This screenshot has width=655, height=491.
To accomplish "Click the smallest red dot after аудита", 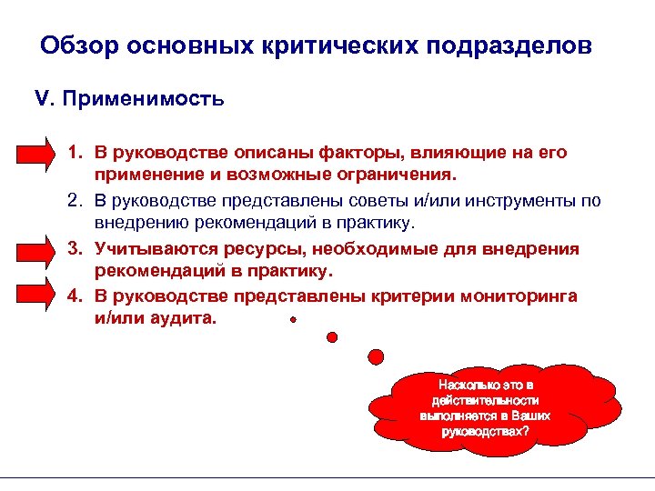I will click(292, 320).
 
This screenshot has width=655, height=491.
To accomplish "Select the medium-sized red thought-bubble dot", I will click(332, 336).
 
